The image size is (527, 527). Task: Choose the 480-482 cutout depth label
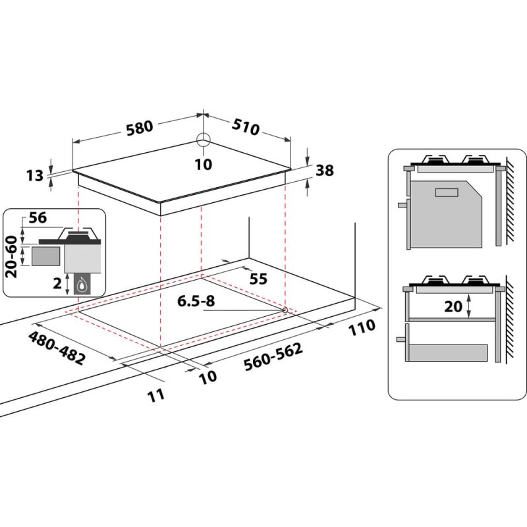pyautogui.click(x=57, y=348)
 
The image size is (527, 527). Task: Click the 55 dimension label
pyautogui.click(x=258, y=279)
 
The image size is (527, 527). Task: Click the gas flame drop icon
pyautogui.click(x=82, y=285)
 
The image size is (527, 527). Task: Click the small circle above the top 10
pyautogui.click(x=204, y=139)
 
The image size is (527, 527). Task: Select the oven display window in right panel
pyautogui.click(x=447, y=192)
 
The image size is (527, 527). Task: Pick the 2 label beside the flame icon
pyautogui.click(x=59, y=285)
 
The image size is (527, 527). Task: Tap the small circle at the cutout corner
pyautogui.click(x=285, y=310)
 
